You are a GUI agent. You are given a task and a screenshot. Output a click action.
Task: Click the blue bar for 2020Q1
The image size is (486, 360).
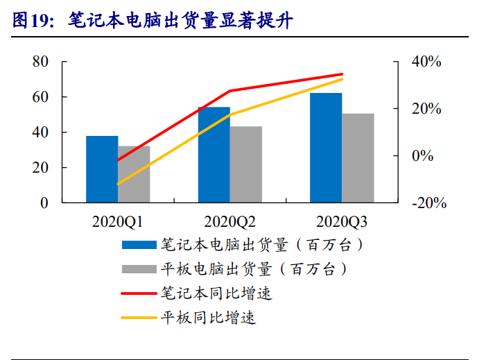(102, 169)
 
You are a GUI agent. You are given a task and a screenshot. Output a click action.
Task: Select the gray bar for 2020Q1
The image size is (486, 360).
(134, 174)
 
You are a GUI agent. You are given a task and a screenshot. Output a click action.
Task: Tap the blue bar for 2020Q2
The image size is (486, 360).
(214, 155)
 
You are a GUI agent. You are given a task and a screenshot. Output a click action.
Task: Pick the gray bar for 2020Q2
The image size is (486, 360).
(246, 164)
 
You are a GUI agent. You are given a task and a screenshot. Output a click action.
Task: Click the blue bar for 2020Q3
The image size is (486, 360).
(326, 148)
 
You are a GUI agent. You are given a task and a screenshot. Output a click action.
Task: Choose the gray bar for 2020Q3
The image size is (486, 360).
(358, 158)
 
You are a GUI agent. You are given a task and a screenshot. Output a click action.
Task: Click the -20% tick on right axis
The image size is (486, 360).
(428, 203)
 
